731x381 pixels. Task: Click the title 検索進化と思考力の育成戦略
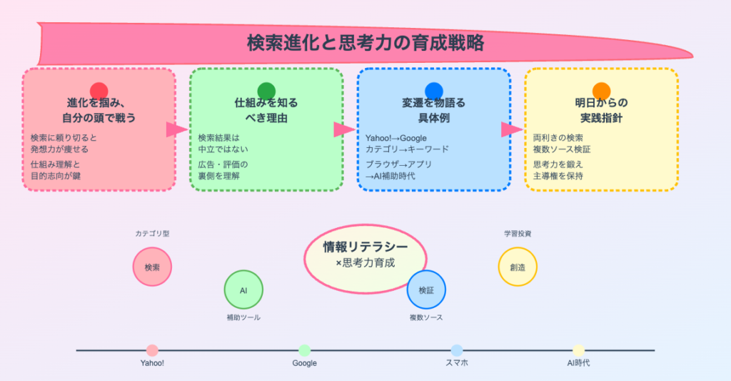365,43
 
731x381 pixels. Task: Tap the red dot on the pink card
99,91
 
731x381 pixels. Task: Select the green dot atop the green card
266,91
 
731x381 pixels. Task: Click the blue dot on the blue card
434,91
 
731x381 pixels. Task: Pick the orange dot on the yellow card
601,91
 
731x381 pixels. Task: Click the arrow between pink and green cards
176,129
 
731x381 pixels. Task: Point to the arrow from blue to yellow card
511,129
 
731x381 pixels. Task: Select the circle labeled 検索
152,267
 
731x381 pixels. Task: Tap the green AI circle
243,290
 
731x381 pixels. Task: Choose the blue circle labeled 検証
426,290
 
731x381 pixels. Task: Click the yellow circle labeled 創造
518,267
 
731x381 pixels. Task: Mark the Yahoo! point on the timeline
152,350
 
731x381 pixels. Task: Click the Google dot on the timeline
305,350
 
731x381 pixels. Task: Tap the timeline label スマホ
457,363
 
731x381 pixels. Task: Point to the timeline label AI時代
578,363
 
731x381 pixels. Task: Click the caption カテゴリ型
152,234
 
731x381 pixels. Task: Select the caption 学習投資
518,234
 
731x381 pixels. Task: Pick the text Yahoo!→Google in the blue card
396,138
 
